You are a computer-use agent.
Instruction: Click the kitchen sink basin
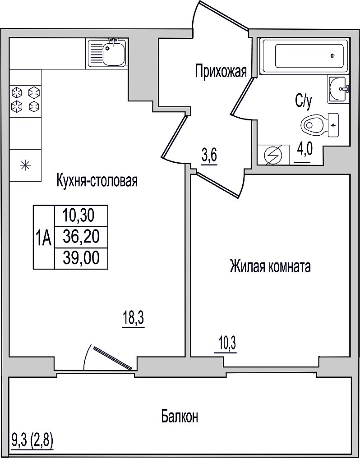pos(114,55)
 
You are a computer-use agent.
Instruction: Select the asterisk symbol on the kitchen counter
pos(25,165)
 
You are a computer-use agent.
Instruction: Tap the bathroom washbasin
pos(338,89)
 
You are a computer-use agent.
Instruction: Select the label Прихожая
pos(221,71)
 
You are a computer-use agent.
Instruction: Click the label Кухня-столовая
pos(97,181)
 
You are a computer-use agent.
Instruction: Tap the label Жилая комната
pos(270,267)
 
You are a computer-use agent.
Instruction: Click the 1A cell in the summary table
pos(44,237)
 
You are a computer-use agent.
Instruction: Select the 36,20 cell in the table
pos(81,237)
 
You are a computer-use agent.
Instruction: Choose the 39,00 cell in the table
pos(81,258)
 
